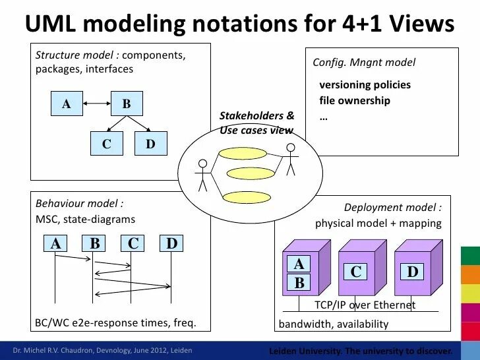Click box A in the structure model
point(67,104)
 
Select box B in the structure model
point(126,104)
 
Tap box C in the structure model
point(106,144)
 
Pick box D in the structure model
point(150,144)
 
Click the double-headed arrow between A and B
point(96,104)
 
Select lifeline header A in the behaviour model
point(56,244)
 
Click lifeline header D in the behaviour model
point(171,244)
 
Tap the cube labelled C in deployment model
point(357,272)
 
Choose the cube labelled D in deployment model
point(413,272)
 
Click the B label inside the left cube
point(299,284)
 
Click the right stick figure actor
point(289,159)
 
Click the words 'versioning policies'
point(365,85)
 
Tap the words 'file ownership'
point(354,101)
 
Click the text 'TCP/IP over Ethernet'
point(365,305)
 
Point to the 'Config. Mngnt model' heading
point(364,63)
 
